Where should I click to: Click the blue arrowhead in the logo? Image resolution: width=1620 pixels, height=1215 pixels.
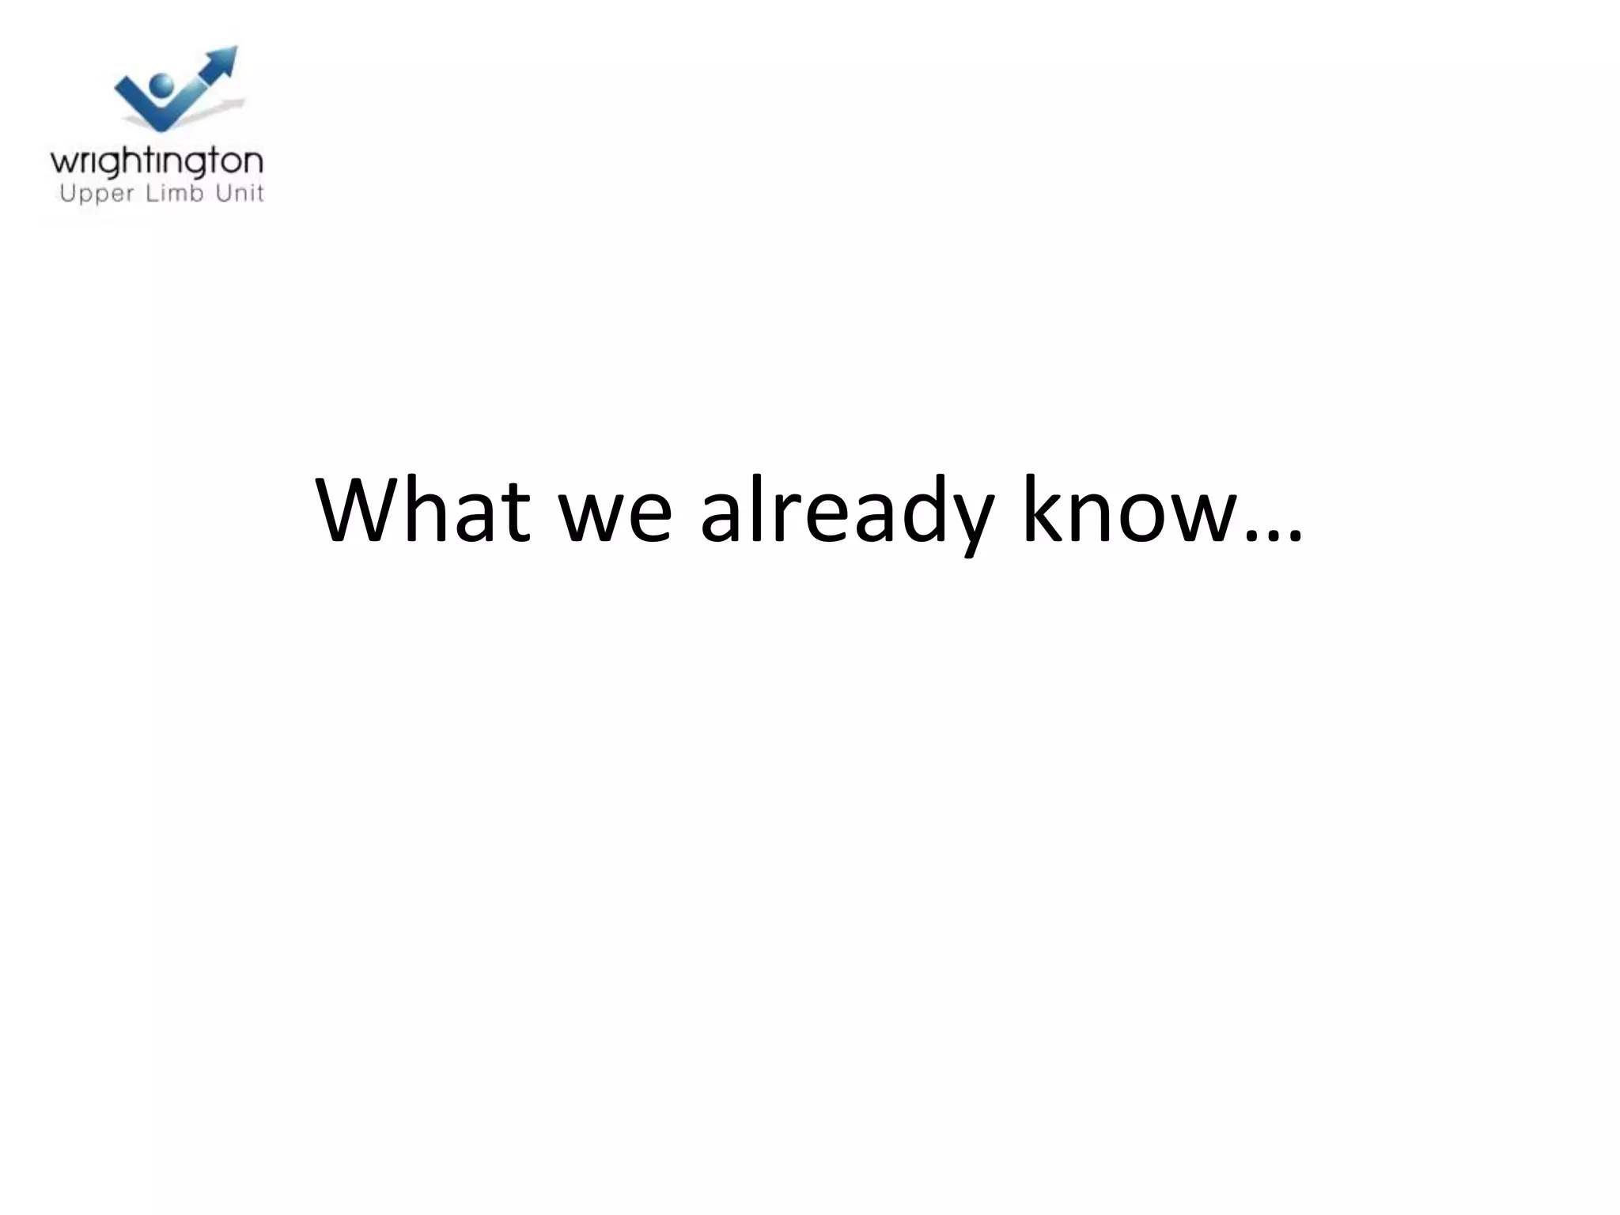click(x=223, y=61)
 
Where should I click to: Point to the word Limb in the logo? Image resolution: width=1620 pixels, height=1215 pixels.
click(x=176, y=192)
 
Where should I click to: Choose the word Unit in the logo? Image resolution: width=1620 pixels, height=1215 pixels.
click(x=240, y=192)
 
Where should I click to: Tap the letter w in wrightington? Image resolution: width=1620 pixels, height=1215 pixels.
click(x=62, y=163)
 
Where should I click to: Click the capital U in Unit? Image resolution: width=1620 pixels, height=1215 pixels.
click(x=224, y=192)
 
